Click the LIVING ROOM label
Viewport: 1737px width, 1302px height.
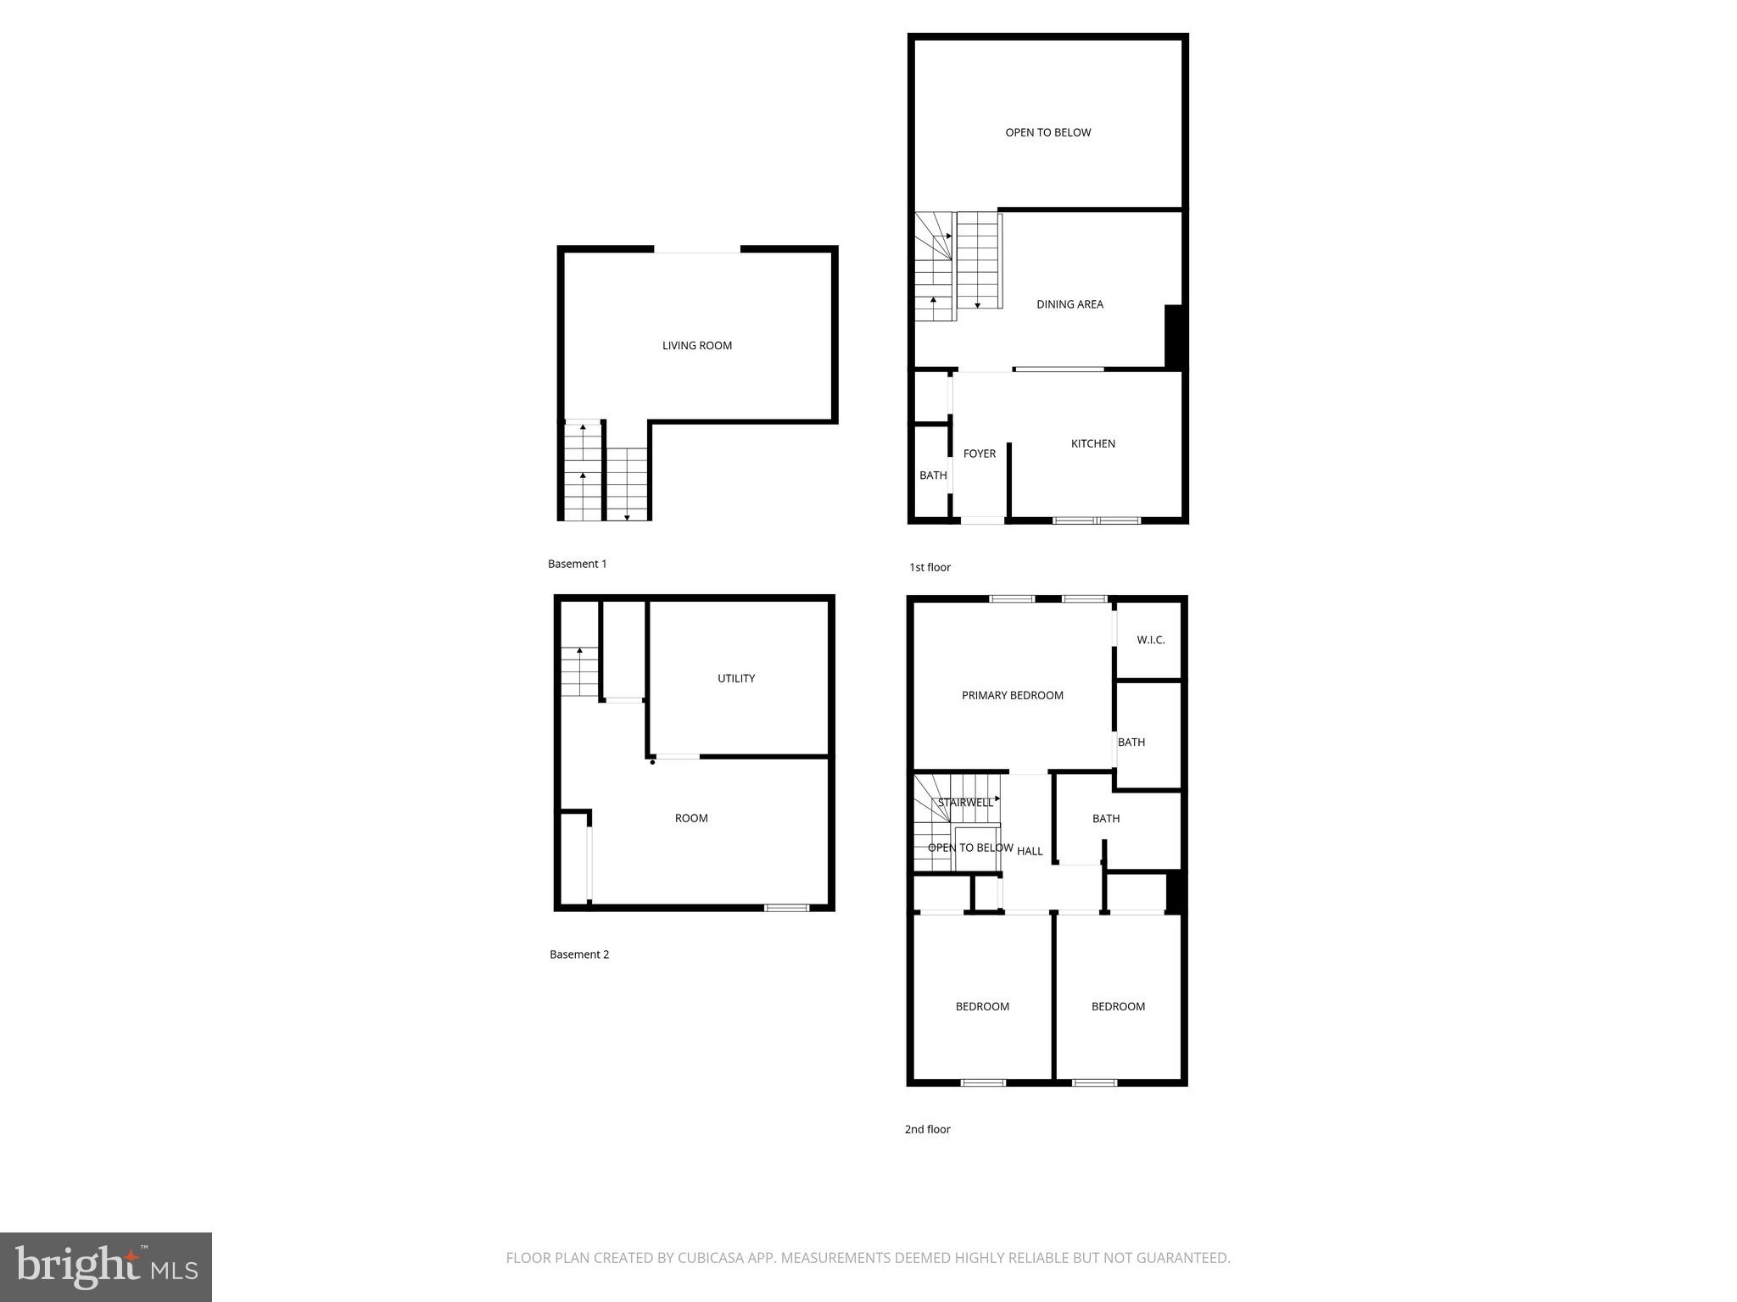(696, 346)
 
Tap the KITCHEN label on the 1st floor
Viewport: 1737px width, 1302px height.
(1092, 444)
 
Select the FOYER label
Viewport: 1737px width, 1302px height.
(979, 454)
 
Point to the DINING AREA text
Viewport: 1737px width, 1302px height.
(1070, 304)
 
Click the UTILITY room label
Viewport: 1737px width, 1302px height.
(735, 678)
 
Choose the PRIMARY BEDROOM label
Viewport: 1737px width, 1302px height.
(1012, 696)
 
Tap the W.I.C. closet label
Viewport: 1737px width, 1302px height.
(1150, 640)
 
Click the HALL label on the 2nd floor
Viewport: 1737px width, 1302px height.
(1030, 851)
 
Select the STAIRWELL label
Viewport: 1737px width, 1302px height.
(964, 803)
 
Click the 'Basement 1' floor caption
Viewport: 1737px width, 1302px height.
(577, 564)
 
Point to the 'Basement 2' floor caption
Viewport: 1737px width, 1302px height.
(579, 954)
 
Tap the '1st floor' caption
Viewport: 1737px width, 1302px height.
(930, 567)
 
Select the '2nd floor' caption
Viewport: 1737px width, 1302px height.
(927, 1129)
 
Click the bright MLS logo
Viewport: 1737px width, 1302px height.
(106, 1267)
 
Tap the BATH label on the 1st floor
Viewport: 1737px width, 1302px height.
(933, 476)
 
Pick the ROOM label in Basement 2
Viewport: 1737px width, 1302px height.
(691, 818)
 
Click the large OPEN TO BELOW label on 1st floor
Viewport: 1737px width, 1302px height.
(1047, 132)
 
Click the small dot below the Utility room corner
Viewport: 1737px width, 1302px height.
(652, 762)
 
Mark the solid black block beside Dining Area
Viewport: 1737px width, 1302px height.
(1174, 336)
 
